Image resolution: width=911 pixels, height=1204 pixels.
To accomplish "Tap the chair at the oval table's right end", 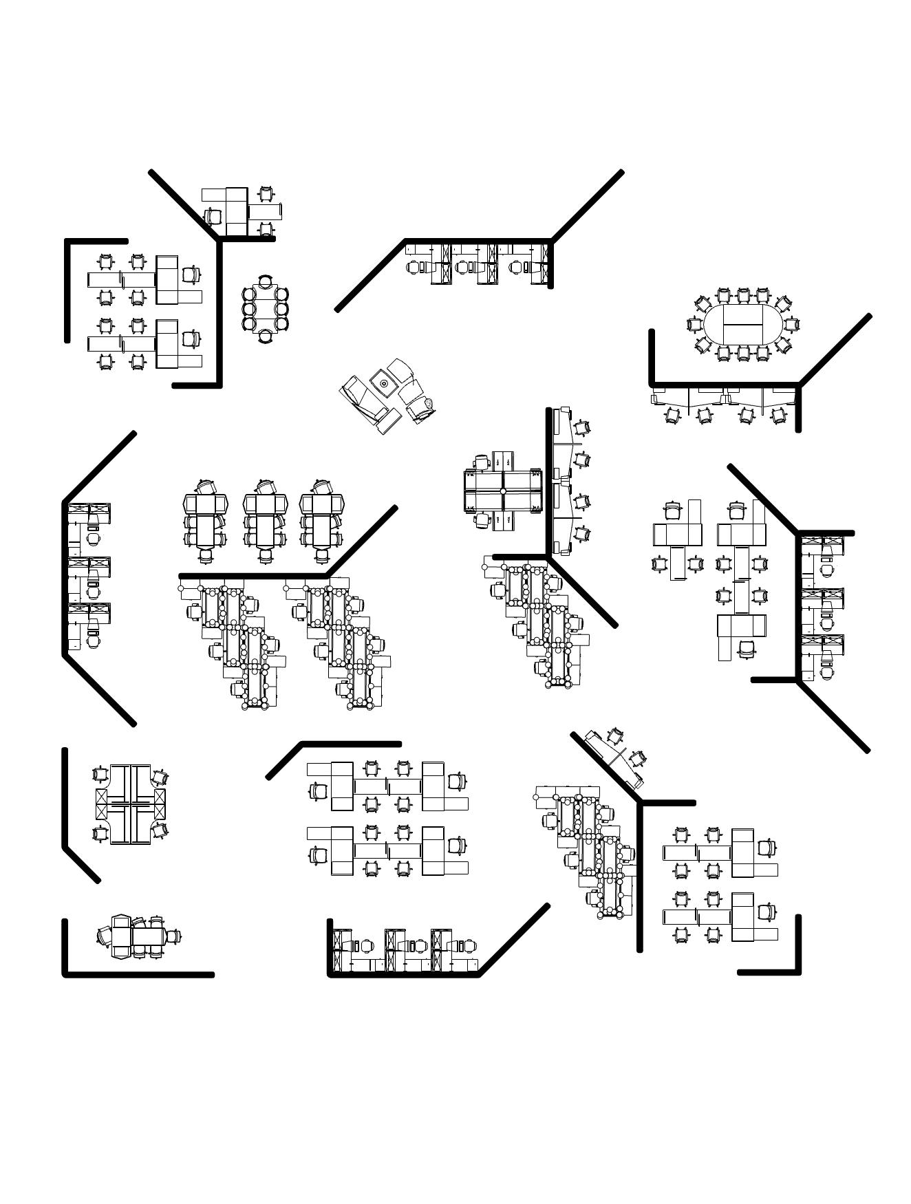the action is point(792,323).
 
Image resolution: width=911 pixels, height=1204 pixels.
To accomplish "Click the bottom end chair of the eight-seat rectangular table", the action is point(266,336).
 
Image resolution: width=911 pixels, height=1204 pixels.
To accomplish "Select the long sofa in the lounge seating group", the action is point(361,402).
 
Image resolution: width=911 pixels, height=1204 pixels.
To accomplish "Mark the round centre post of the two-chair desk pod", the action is point(503,491).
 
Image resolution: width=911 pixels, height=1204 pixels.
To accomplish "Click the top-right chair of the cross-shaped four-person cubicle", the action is point(160,777).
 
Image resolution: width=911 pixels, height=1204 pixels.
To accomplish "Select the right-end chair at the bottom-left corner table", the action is point(176,936).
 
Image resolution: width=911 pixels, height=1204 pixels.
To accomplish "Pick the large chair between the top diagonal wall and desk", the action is point(213,216).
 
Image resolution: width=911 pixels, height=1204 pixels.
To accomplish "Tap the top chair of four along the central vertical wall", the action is point(582,427).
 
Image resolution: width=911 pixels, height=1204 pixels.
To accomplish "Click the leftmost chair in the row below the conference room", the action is point(671,415).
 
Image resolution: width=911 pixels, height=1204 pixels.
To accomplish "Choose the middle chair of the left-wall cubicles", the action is point(94,592).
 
